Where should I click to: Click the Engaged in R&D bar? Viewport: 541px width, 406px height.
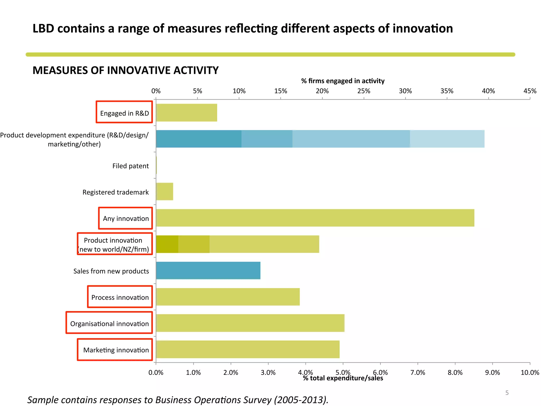pos(186,113)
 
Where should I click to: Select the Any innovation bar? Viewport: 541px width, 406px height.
pos(315,218)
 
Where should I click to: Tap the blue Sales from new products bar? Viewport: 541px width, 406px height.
pos(208,270)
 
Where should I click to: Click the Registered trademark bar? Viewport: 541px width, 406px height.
pos(165,191)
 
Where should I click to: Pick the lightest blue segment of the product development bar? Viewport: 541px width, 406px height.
pos(447,139)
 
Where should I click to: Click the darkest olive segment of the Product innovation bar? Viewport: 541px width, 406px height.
pos(167,244)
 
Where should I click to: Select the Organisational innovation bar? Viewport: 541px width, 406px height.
pos(250,323)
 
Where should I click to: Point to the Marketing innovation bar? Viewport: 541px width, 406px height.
pos(248,349)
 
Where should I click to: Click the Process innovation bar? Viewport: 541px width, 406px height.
pos(228,297)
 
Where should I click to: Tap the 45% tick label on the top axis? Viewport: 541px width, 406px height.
pos(530,91)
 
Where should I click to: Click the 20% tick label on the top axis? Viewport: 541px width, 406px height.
pos(322,91)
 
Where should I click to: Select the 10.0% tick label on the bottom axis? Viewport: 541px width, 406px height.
pos(530,373)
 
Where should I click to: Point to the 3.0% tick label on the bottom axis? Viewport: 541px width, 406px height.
pos(268,373)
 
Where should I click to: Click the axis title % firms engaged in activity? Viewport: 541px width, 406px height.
pos(343,81)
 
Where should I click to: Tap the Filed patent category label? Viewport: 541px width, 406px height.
pos(130,166)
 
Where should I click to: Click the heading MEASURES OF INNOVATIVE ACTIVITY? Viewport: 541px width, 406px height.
pos(125,70)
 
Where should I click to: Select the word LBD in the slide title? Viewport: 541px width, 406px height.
pos(43,29)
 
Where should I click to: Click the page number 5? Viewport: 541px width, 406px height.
pos(507,393)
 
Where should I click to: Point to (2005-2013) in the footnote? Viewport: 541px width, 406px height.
pos(301,400)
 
